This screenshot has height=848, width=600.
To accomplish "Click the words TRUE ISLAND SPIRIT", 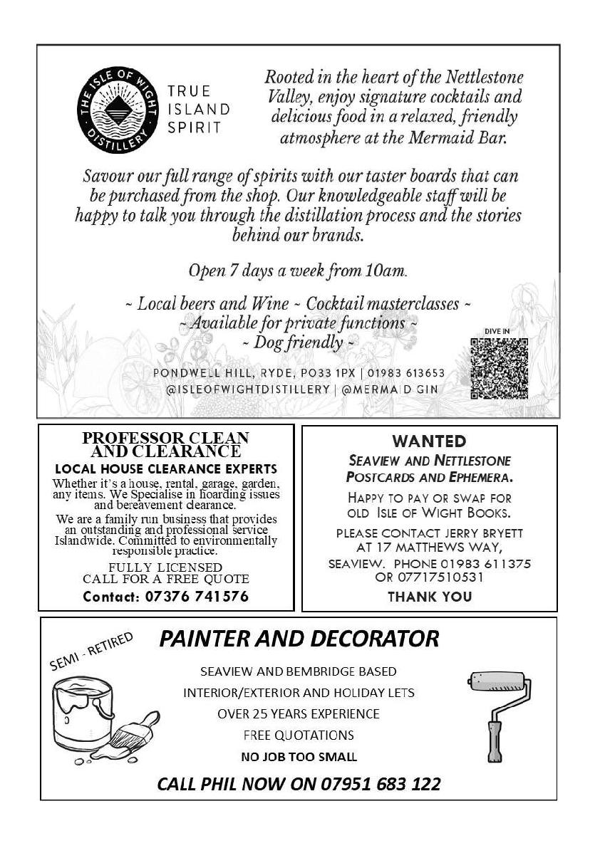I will click(199, 110).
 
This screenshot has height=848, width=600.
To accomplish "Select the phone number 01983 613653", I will click(407, 373).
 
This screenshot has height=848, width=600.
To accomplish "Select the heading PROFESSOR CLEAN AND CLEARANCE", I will click(165, 444).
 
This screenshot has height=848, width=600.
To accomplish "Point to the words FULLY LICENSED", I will click(165, 567).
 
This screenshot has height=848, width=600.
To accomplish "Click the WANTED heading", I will click(429, 441).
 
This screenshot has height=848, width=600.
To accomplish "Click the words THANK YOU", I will click(429, 597).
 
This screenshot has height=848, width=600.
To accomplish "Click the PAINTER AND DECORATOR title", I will click(299, 638).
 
